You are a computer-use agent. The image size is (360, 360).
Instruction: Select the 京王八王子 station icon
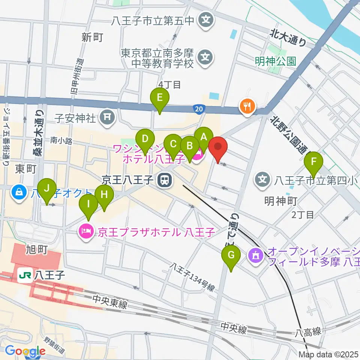pos(164,181)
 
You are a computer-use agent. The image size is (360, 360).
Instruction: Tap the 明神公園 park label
pos(275,61)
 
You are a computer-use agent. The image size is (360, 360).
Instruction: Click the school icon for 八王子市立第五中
pos(206,20)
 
